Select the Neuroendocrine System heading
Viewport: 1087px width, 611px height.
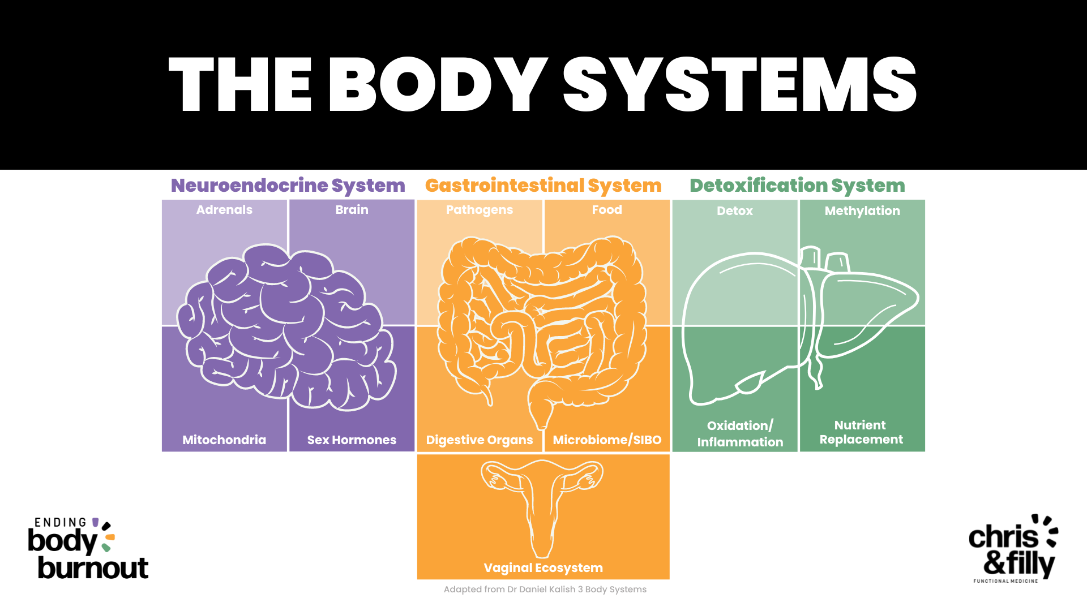point(288,186)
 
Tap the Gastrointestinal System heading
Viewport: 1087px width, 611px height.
point(543,186)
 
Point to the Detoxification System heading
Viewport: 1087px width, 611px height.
point(797,186)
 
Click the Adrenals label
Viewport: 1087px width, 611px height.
point(224,210)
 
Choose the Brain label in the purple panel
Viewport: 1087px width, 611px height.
point(352,210)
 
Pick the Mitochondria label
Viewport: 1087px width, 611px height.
point(224,440)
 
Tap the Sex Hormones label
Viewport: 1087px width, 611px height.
point(352,440)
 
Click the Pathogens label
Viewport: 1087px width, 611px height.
point(480,210)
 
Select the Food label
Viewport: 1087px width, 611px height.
point(607,210)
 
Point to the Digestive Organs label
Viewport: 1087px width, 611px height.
point(480,440)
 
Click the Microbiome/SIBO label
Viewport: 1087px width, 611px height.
point(607,440)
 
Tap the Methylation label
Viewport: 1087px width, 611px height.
point(862,211)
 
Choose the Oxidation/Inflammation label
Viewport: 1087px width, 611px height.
point(740,434)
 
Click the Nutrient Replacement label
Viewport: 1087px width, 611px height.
point(861,432)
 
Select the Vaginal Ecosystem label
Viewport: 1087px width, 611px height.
point(543,567)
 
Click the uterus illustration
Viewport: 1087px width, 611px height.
point(542,504)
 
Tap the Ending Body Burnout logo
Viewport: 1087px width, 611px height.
point(88,548)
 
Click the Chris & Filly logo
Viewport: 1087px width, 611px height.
point(1013,548)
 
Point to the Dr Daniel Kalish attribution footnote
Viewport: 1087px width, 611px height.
point(545,590)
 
